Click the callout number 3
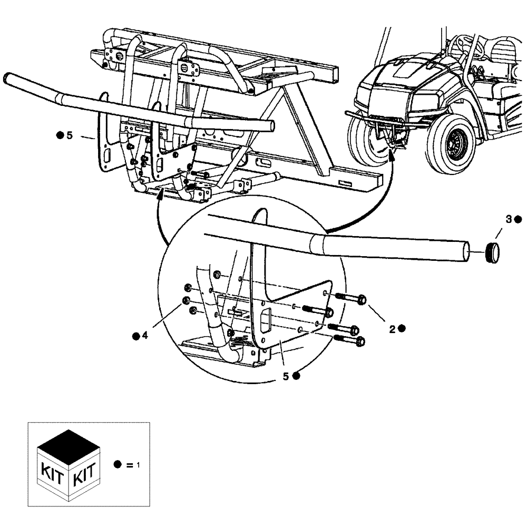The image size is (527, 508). tap(509, 220)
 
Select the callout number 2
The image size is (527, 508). tap(392, 329)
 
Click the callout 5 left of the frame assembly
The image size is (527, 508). tap(69, 136)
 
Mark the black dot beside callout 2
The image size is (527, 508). tap(402, 328)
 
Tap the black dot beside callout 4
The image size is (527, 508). tap(136, 335)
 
